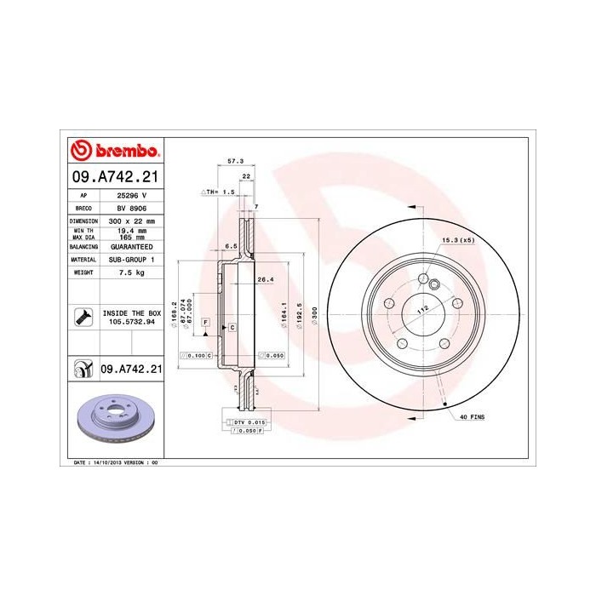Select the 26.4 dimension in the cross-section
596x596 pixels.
[x=265, y=279]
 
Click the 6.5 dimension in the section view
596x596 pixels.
[x=230, y=246]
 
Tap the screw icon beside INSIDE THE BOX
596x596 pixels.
[x=83, y=318]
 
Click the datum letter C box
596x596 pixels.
[x=231, y=328]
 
